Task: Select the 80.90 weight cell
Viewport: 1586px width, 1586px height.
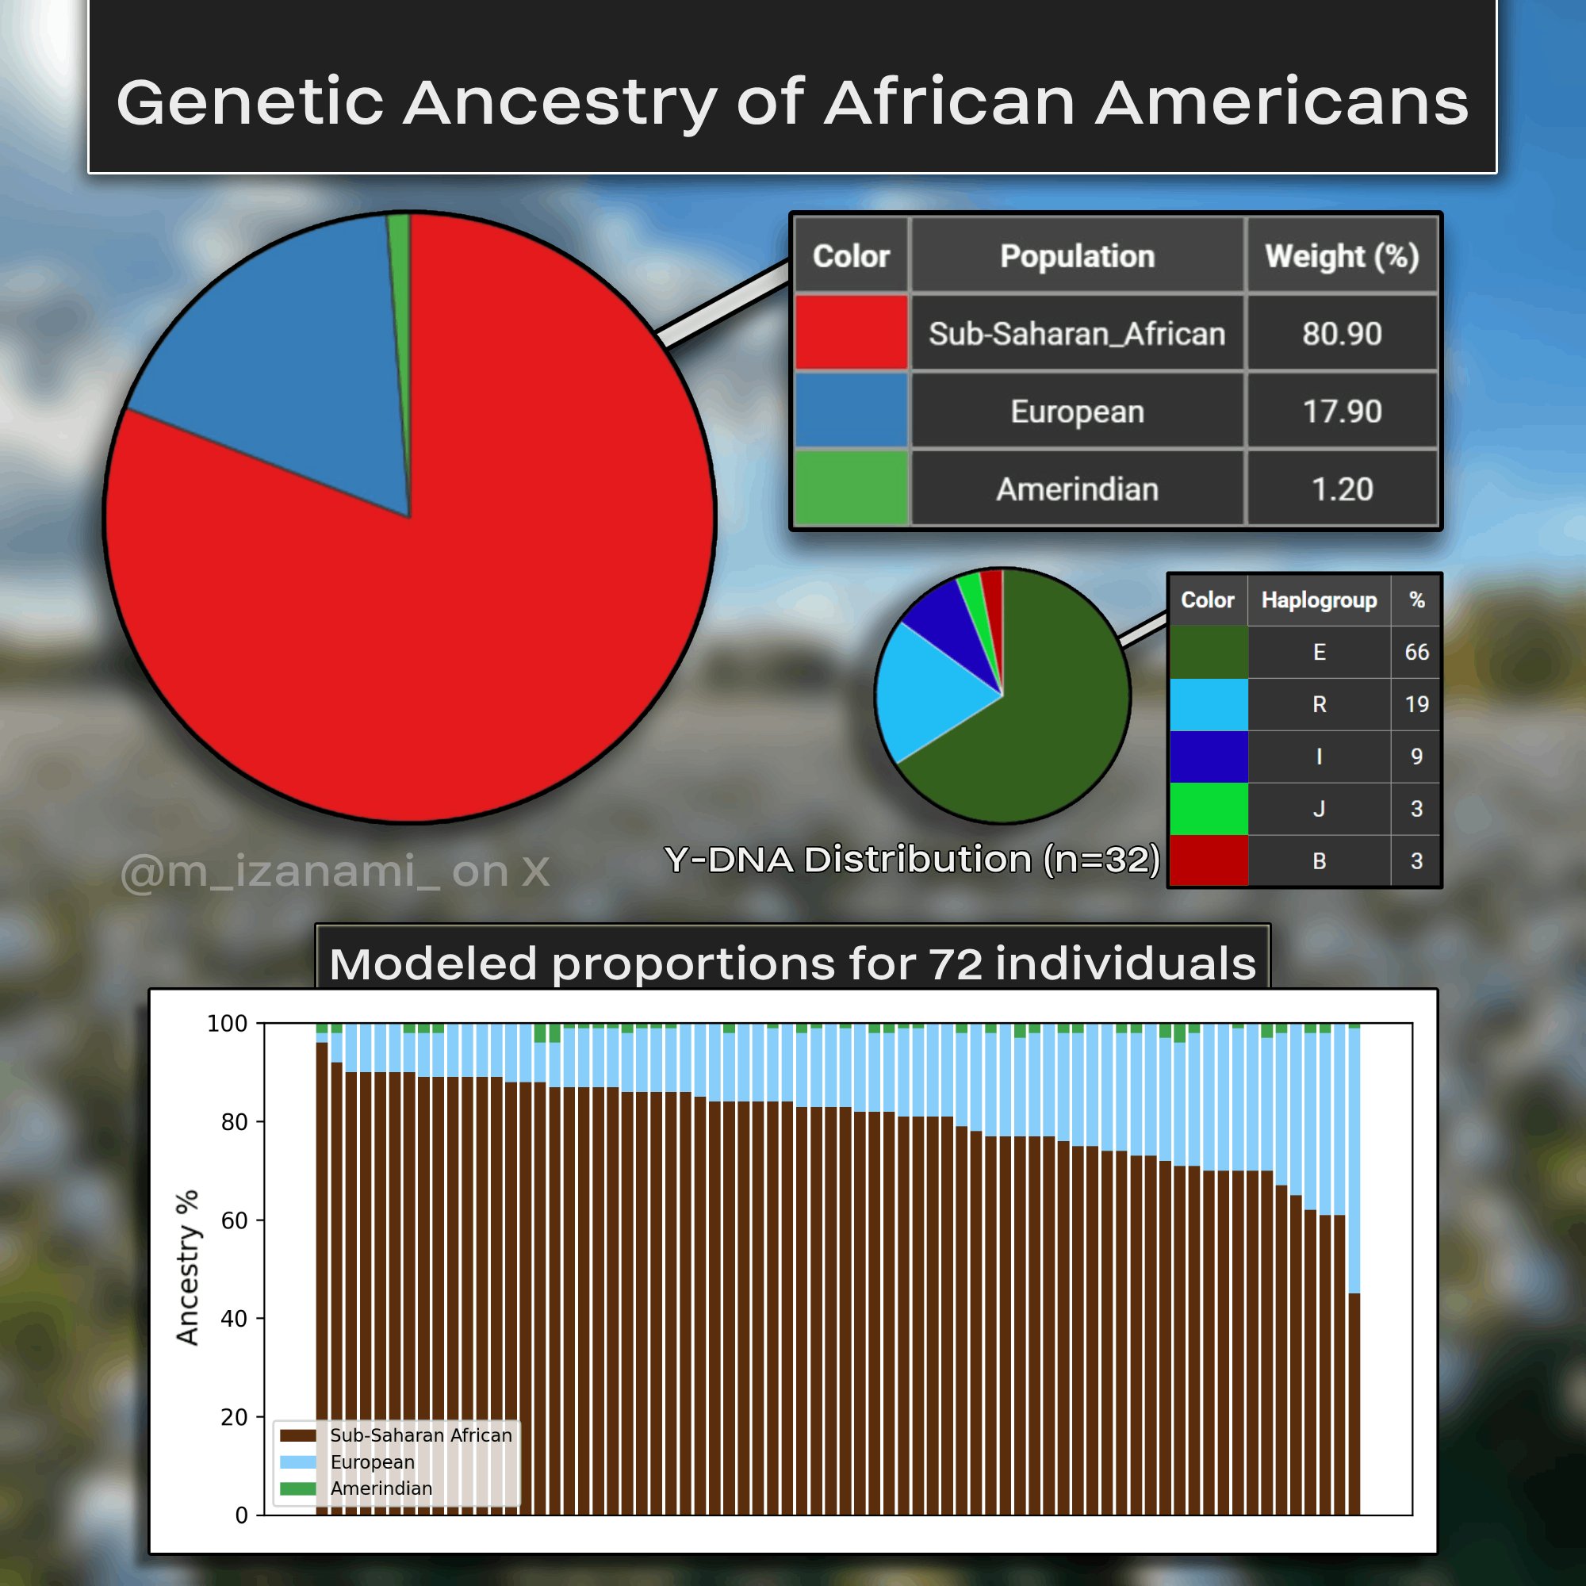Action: point(1342,333)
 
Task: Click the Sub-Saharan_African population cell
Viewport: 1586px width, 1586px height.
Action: point(1077,333)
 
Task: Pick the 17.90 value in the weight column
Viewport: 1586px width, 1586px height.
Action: point(1342,412)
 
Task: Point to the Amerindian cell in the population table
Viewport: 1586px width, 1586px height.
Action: point(1077,489)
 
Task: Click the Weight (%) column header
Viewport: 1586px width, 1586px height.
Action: point(1342,256)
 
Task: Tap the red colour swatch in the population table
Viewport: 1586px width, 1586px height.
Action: point(851,333)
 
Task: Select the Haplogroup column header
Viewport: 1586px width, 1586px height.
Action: point(1320,600)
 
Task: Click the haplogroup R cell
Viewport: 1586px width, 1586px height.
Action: point(1320,704)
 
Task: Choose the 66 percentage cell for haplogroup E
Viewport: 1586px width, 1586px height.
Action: point(1416,652)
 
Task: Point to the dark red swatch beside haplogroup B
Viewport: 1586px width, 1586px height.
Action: point(1209,861)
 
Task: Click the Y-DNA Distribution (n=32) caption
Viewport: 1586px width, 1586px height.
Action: point(912,860)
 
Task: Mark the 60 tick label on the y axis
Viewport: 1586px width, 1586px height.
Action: point(234,1220)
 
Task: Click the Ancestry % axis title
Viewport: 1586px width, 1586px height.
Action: point(187,1268)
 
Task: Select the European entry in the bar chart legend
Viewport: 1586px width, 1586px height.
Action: point(347,1462)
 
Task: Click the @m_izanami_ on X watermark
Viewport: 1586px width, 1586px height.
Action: point(335,871)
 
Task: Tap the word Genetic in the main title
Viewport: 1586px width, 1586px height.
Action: point(251,102)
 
